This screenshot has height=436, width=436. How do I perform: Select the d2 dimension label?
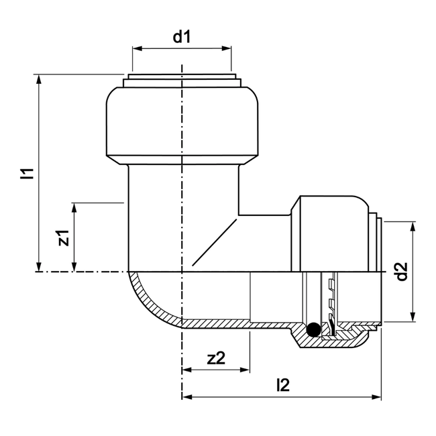click(x=400, y=271)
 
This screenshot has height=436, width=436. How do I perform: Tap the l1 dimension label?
click(x=28, y=174)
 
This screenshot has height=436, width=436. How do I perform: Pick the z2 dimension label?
click(x=215, y=358)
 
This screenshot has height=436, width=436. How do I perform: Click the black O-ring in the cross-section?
click(x=311, y=330)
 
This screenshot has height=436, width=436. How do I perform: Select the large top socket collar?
click(x=182, y=124)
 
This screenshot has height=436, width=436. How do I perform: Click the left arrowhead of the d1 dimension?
click(x=136, y=48)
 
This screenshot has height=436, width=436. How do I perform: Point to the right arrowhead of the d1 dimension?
click(x=227, y=48)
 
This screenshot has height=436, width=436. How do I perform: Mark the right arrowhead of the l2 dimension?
click(x=376, y=397)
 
